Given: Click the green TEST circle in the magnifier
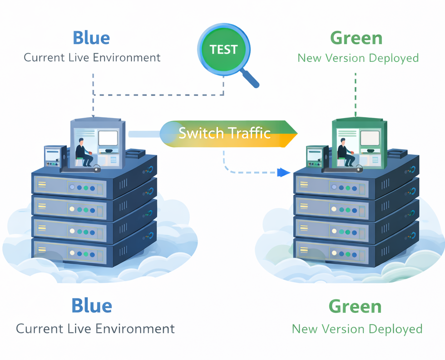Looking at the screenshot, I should (x=224, y=49).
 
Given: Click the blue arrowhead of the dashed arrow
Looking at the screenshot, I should (x=284, y=173).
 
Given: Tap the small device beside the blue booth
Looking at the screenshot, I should (x=52, y=157).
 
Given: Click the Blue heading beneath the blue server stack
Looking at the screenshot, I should (x=91, y=306).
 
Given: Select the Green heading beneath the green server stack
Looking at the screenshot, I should (x=355, y=306).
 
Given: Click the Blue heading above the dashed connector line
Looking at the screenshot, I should (x=91, y=38).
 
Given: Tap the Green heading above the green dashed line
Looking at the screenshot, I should (x=356, y=38).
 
